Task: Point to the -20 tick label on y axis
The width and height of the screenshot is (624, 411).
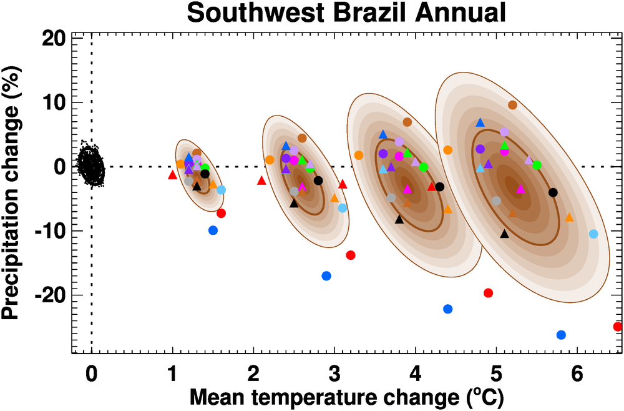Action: pos(48,295)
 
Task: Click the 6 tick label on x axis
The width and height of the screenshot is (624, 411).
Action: pos(577,376)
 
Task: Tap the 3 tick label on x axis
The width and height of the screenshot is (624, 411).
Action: pos(334,376)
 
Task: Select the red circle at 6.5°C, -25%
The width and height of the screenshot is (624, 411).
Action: pos(618,326)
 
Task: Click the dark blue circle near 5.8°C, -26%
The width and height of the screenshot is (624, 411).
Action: pos(561,335)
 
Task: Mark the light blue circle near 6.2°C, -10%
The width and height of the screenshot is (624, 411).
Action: pos(593,234)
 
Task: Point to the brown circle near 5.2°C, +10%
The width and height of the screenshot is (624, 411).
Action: pos(512,105)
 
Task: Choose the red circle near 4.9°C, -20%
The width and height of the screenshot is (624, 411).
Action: pos(489,293)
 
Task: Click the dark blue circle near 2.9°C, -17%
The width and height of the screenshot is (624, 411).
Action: pos(326,276)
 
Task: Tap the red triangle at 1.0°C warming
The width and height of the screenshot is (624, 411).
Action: pos(173,175)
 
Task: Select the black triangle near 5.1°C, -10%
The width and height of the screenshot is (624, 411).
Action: pos(504,234)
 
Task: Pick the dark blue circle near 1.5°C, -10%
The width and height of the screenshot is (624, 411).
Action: pos(213,230)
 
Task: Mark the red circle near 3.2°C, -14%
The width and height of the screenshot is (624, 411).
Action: pos(351,255)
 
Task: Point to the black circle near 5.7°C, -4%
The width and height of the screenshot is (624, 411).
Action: pos(553,192)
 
